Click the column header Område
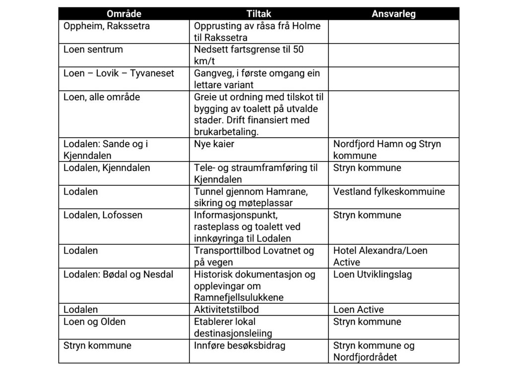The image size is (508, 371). coord(124,14)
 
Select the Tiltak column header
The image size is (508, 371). coord(258,14)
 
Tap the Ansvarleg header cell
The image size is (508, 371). coord(393,14)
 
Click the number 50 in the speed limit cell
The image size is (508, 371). coord(298,50)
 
